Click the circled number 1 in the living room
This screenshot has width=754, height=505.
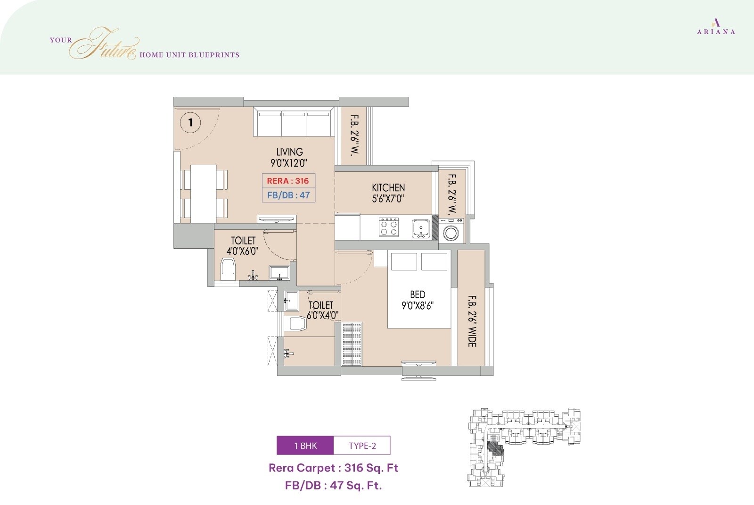coord(190,123)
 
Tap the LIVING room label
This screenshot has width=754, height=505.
coord(289,157)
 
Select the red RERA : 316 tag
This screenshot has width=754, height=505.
coord(288,181)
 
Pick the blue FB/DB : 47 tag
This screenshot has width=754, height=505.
coord(288,195)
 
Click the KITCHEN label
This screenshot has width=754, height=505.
coord(388,193)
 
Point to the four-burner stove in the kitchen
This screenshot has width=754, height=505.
coord(389,228)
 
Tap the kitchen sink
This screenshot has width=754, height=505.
coord(420,229)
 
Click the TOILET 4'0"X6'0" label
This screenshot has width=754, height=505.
coord(243,246)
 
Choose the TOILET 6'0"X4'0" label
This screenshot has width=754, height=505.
coord(322,310)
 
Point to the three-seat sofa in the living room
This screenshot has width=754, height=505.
coord(295,122)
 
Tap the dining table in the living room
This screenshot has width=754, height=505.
coord(204,194)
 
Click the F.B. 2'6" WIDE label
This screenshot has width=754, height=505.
coord(472,321)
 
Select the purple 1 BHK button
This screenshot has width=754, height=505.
coord(305,446)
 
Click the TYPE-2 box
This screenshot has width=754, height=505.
coord(362,446)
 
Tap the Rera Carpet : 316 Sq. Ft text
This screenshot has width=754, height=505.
coord(333,468)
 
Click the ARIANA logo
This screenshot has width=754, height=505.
coord(716,26)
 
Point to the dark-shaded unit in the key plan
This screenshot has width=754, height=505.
coord(495,448)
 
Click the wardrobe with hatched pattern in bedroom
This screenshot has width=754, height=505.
coord(352,344)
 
